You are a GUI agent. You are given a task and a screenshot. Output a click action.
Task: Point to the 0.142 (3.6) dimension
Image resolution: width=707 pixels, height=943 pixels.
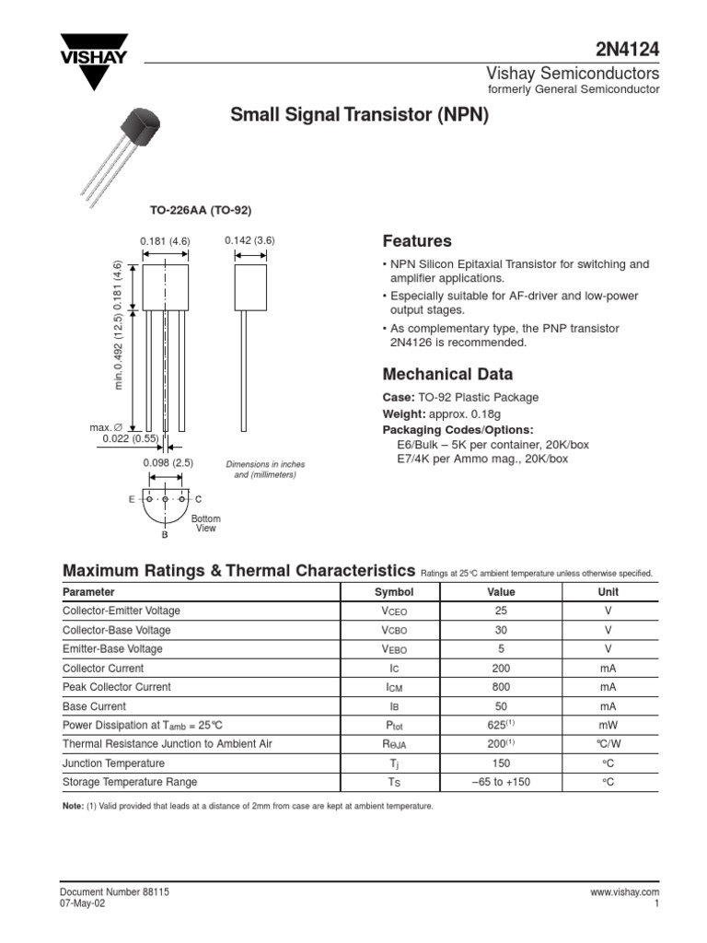[x=249, y=240]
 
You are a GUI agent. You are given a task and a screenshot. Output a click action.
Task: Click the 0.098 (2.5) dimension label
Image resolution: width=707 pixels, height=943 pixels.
[x=168, y=462]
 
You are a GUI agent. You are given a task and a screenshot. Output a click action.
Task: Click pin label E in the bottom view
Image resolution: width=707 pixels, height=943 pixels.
[x=133, y=497]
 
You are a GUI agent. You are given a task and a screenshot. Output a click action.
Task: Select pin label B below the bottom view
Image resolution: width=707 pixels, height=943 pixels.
[x=165, y=534]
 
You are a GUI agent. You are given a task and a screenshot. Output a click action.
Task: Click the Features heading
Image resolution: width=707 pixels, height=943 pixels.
[x=416, y=241]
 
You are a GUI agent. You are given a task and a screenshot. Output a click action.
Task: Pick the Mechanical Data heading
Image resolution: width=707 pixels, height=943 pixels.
[x=447, y=374]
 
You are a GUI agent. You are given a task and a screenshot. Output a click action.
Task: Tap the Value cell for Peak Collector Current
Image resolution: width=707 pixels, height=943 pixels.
[x=501, y=687]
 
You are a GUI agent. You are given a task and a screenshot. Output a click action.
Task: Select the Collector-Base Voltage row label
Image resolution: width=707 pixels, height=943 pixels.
[x=116, y=630]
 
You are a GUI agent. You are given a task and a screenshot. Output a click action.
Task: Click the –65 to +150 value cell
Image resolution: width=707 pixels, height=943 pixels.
[x=501, y=782]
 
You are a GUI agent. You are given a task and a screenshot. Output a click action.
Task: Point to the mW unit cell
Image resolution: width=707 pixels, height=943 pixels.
[x=608, y=725]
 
